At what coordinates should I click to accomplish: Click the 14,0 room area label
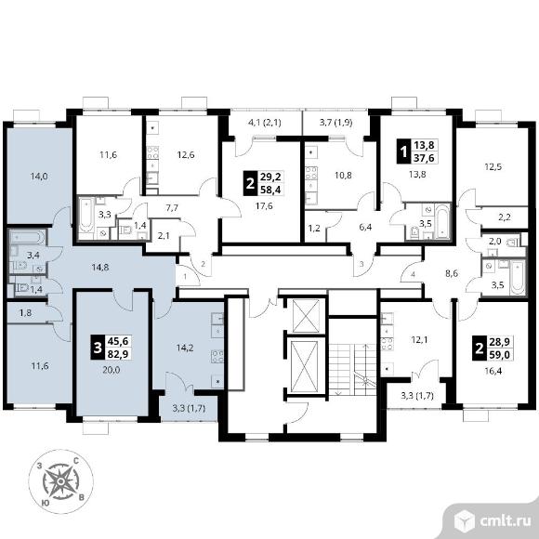[x=39, y=177]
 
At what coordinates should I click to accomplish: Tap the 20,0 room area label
[x=111, y=370]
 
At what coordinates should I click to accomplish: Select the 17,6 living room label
[x=264, y=206]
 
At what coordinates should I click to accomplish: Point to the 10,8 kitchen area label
[x=343, y=176]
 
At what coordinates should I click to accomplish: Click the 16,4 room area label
[x=493, y=371]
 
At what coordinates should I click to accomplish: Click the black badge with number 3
[x=98, y=348]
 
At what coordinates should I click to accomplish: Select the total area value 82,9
[x=118, y=354]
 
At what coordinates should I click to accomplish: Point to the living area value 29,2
[x=270, y=177]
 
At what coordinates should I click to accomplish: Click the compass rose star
[x=60, y=481]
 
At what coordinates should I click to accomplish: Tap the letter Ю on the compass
[x=45, y=503]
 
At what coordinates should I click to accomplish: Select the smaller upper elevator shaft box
[x=306, y=316]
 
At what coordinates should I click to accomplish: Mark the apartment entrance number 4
[x=414, y=275]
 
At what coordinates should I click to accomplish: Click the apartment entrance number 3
[x=362, y=264]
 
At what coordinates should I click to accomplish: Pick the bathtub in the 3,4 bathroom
[x=28, y=237]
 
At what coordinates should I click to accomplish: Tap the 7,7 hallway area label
[x=172, y=207]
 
